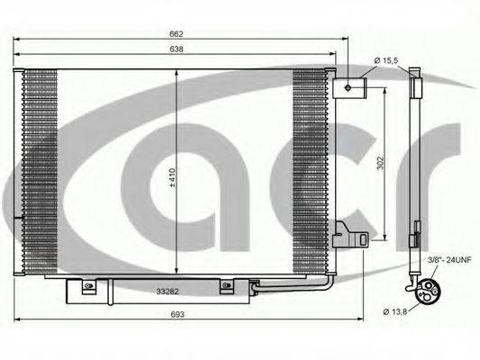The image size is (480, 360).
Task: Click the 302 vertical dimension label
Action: pyautogui.click(x=380, y=163)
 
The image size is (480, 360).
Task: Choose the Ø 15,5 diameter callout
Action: pyautogui.click(x=388, y=60)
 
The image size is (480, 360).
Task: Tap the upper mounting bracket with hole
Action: pyautogui.click(x=351, y=86)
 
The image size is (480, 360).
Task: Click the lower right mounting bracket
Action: pyautogui.click(x=349, y=237)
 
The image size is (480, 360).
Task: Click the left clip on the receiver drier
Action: pyautogui.click(x=88, y=287)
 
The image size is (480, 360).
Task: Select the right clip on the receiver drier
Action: pyautogui.click(x=226, y=287)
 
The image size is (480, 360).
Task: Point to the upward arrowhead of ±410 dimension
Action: pyautogui.click(x=176, y=73)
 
